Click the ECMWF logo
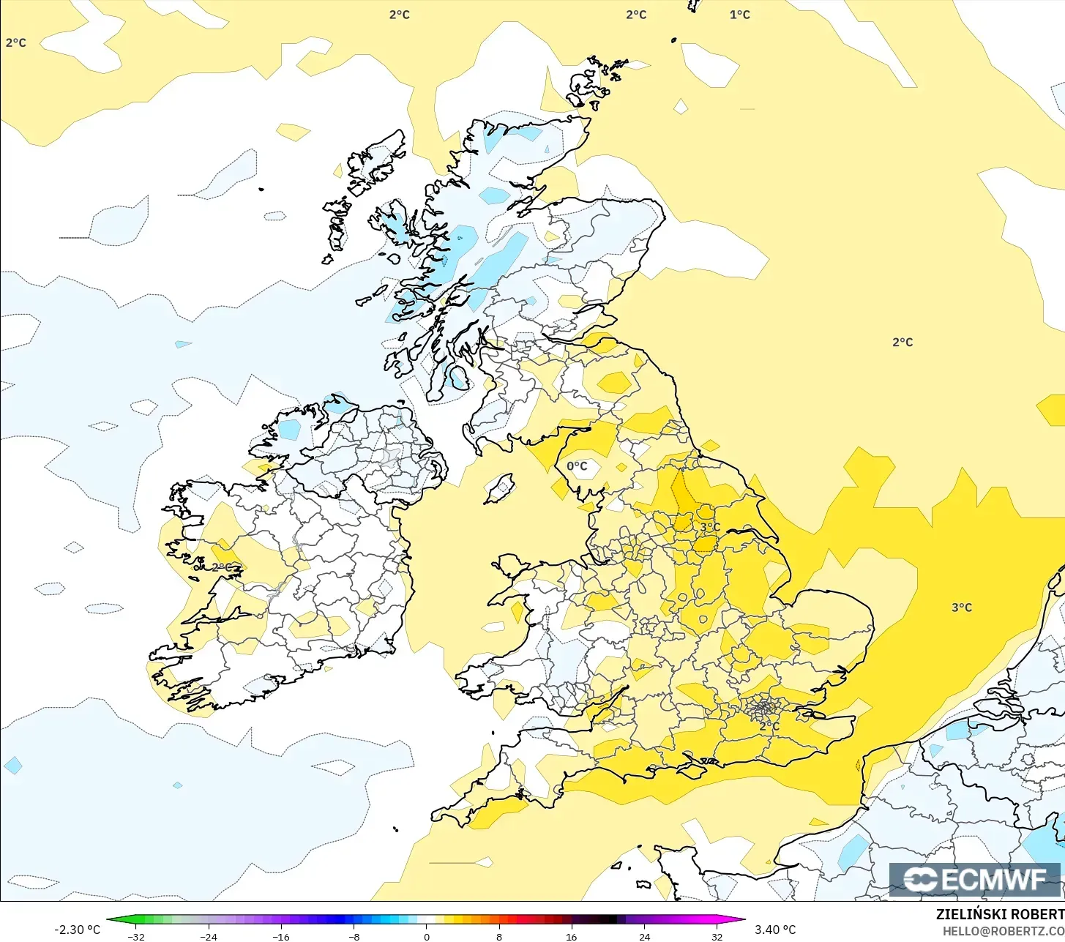pos(975,879)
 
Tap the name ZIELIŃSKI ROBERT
pos(1000,914)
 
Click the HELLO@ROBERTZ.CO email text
pos(1003,930)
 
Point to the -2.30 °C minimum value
pos(77,930)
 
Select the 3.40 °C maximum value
pos(775,930)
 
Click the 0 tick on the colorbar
pos(427,936)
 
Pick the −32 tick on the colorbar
pos(135,936)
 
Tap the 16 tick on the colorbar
pos(572,936)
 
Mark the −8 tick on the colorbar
pos(354,936)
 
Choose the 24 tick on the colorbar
pos(644,936)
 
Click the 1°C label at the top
pos(739,15)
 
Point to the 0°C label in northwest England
pos(577,466)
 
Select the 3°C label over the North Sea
pos(962,608)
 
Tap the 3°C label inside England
pos(709,527)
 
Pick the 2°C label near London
pos(769,726)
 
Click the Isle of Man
pos(500,487)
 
